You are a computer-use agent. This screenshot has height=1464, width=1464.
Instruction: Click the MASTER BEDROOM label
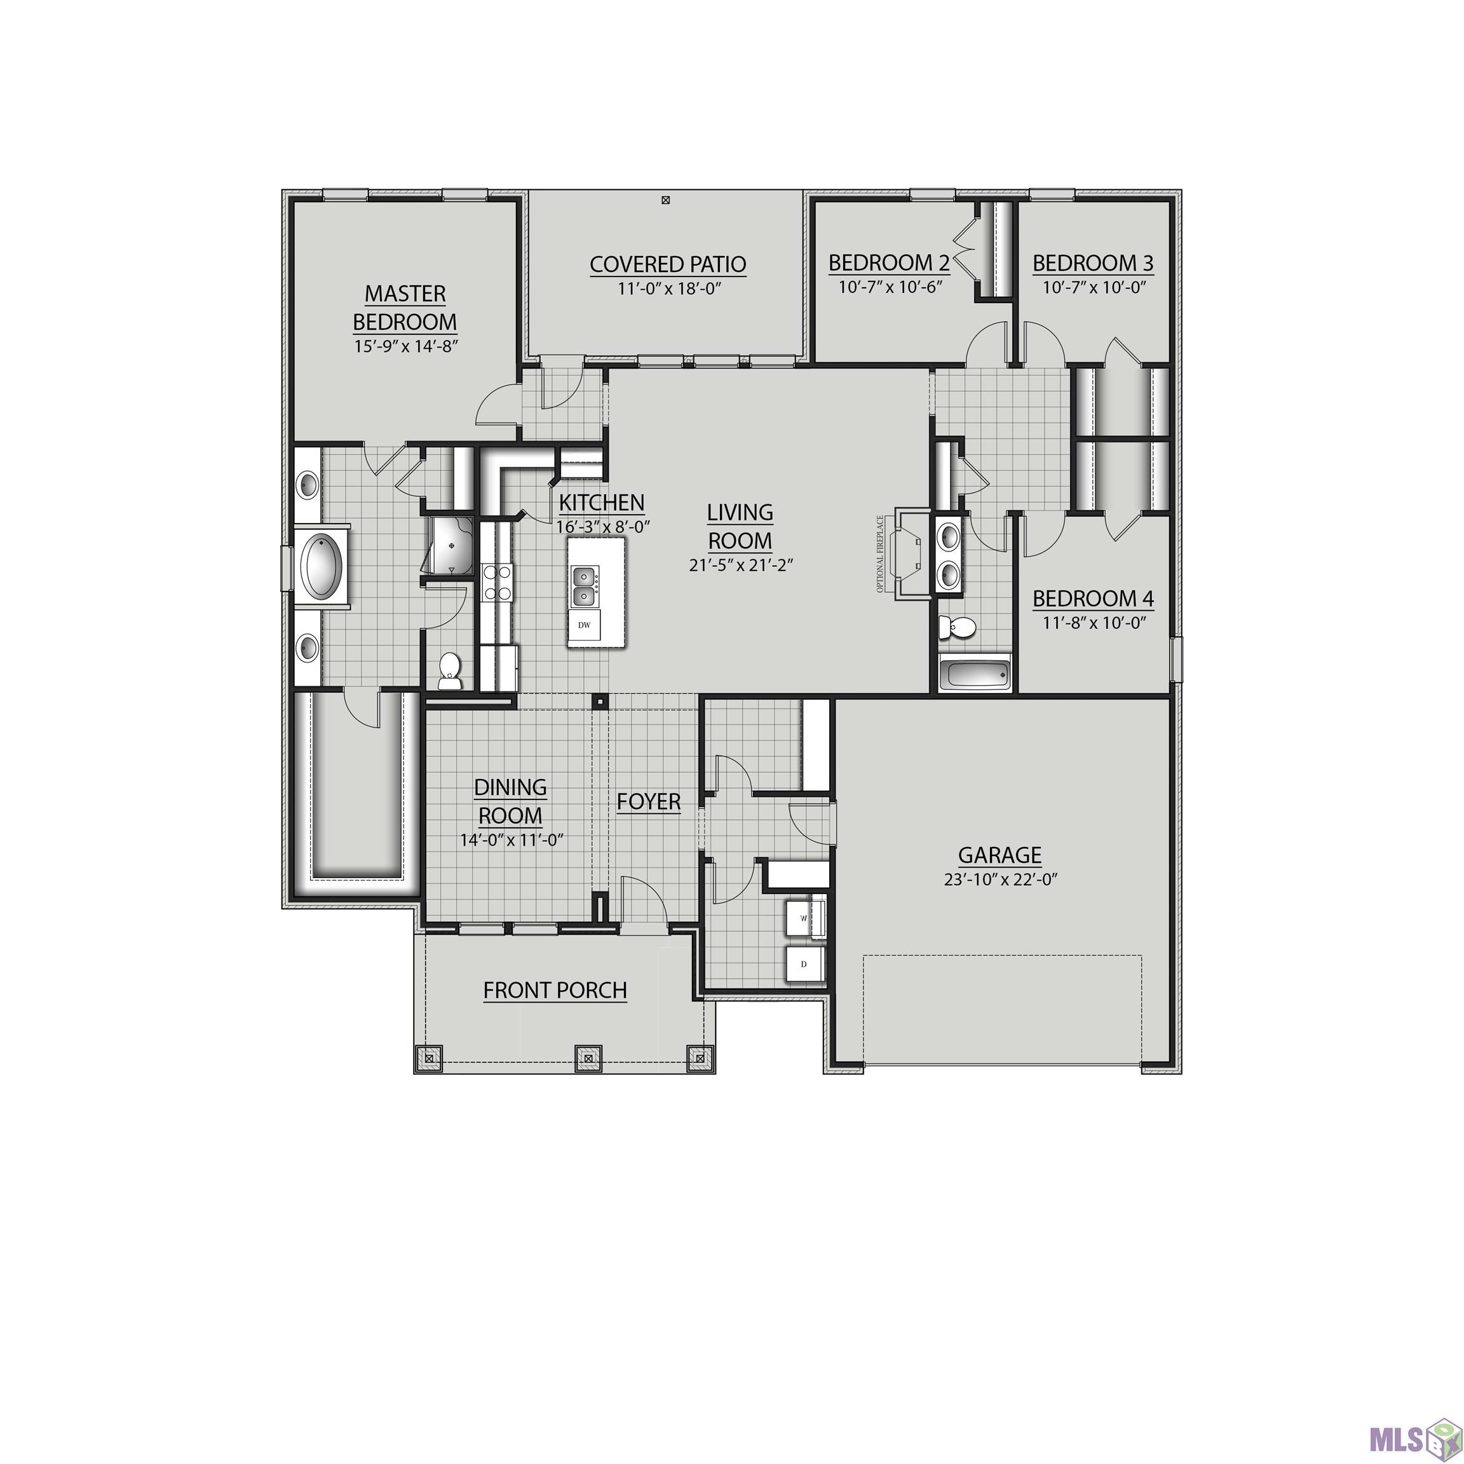tap(405, 308)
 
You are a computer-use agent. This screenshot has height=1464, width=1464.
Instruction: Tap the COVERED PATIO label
tap(668, 264)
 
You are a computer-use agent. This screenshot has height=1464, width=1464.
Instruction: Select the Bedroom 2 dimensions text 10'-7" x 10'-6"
tap(890, 288)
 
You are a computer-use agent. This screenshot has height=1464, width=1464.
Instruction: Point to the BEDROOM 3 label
tap(1093, 264)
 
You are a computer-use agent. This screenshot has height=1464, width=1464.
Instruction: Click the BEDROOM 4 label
tap(1093, 599)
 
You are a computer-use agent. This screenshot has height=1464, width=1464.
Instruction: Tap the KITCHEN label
tap(602, 503)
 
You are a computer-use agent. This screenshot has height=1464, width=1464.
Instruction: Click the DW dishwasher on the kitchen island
tap(584, 625)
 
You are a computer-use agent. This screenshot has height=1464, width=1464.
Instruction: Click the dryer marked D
tap(803, 965)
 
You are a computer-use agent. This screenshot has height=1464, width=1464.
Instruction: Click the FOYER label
tap(649, 802)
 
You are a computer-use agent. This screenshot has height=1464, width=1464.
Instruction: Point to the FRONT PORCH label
tap(555, 991)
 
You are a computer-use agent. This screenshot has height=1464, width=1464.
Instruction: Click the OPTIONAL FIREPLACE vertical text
tap(881, 554)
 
